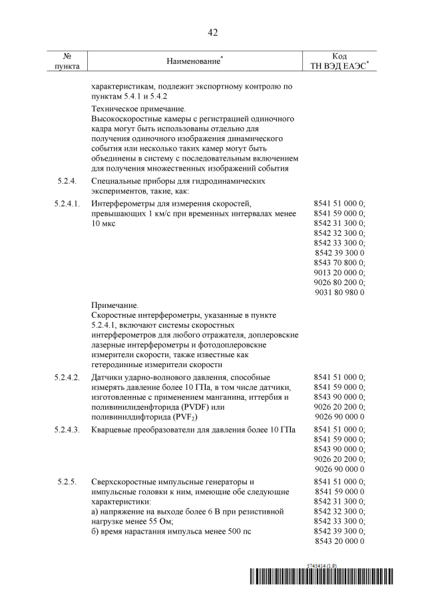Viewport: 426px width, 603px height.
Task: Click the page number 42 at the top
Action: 212,32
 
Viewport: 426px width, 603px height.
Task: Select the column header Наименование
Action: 193,61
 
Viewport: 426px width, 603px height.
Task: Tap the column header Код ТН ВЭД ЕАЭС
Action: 339,61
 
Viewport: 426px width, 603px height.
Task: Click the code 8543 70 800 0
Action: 339,263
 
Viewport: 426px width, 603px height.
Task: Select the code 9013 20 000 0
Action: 339,273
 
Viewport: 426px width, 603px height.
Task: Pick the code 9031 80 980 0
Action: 339,293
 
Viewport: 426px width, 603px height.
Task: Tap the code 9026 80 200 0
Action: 339,283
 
